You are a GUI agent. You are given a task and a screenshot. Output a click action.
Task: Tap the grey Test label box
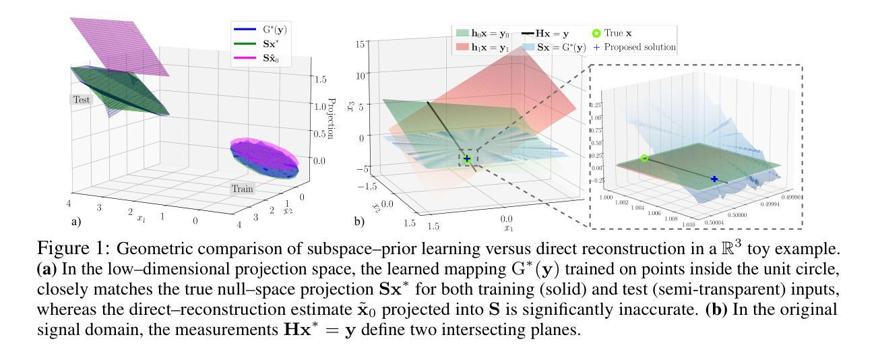82,99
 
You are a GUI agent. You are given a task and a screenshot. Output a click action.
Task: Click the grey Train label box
243,189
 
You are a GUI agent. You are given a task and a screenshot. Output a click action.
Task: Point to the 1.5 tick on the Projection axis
319,79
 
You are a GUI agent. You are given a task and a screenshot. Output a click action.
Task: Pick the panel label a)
75,220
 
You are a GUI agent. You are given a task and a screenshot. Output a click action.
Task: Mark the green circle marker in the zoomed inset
644,158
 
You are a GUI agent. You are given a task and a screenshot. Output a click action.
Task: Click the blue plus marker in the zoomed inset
714,179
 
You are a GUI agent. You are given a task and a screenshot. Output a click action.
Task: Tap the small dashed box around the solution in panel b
466,159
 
